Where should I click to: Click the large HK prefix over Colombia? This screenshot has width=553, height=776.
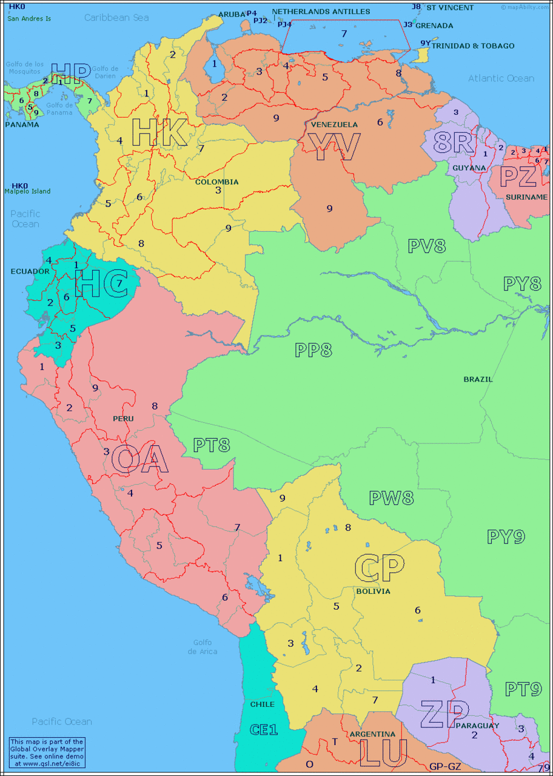159,133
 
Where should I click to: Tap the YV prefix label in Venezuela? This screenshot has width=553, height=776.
334,146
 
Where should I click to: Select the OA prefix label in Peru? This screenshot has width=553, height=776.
139,459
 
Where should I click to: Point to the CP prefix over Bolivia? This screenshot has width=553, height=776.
379,567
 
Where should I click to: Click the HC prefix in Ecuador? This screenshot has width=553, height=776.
101,283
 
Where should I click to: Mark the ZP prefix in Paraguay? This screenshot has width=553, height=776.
445,714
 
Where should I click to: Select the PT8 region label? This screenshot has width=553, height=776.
212,445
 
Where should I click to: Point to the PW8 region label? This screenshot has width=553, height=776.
391,498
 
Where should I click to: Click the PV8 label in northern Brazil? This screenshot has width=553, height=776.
426,246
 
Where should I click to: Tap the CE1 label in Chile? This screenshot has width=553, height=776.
264,729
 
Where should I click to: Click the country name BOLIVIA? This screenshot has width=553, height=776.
373,591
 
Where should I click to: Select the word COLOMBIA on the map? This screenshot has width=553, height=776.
216,181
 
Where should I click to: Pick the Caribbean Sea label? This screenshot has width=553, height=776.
116,18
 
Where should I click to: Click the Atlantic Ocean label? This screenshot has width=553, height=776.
501,78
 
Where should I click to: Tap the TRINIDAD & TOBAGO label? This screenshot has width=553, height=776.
473,46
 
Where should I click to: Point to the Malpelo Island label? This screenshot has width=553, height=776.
27,191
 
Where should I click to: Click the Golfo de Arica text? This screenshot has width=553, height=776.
202,647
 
